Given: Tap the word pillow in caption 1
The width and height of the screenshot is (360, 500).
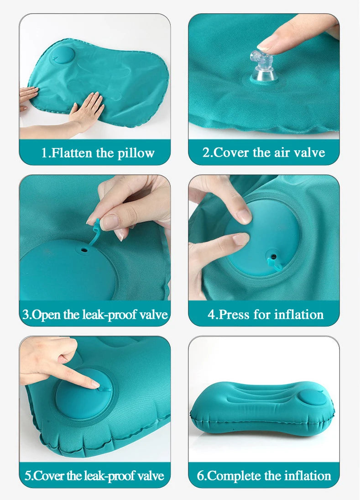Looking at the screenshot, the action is click(136, 153).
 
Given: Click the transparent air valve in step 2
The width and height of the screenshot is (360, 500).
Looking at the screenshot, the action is click(263, 68).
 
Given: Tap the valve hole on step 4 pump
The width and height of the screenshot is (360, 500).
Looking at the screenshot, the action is click(273, 256).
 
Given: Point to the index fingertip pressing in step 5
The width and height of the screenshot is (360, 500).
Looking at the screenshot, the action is click(94, 384).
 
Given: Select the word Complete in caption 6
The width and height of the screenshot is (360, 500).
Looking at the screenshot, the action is click(235, 476).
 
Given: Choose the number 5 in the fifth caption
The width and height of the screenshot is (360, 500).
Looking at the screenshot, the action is click(28, 476).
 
